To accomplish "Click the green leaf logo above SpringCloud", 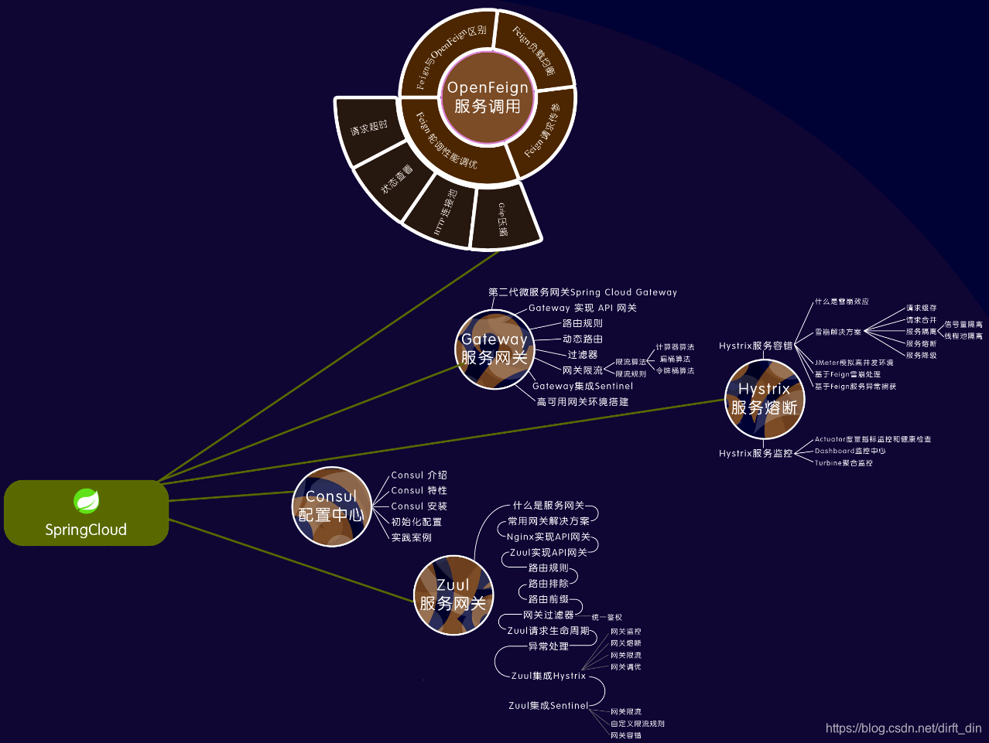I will [x=86, y=501].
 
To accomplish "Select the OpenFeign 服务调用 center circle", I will [x=488, y=97].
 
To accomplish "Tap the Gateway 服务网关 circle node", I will [x=494, y=349].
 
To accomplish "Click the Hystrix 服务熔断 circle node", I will [x=764, y=398].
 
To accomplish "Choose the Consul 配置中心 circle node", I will [x=331, y=506].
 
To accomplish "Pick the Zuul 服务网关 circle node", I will [x=453, y=595].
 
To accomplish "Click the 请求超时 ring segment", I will [x=369, y=128].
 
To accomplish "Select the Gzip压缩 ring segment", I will [x=504, y=219].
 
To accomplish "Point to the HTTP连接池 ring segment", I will [x=443, y=211].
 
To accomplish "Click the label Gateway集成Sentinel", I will [x=583, y=386].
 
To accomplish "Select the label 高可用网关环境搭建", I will [x=583, y=402].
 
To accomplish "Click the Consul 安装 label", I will [x=419, y=506].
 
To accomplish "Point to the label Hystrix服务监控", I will [x=755, y=453].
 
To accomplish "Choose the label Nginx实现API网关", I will [x=549, y=537].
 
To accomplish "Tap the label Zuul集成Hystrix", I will [x=549, y=676].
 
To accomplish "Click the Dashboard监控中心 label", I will [x=850, y=451].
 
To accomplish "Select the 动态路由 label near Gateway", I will [x=583, y=339].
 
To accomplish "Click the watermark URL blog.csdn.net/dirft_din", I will [x=903, y=728].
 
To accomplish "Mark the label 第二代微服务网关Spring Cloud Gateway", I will [x=583, y=292].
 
